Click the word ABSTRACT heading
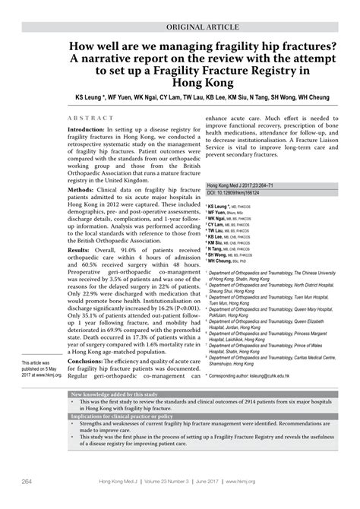coord(90,120)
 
